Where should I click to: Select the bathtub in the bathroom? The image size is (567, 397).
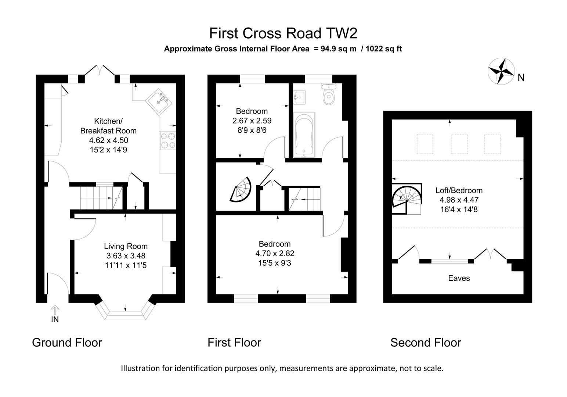click(x=304, y=135)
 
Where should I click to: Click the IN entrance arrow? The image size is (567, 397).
click(x=55, y=314)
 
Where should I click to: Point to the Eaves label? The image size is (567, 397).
click(x=459, y=278)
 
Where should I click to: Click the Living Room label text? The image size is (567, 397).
click(x=126, y=246)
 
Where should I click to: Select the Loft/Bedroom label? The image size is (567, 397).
click(x=459, y=190)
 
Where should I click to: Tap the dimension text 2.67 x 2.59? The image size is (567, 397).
click(x=252, y=121)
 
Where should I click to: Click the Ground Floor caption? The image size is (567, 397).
click(x=67, y=343)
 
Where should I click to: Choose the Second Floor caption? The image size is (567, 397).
click(x=425, y=343)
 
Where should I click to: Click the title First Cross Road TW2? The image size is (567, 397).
click(x=283, y=33)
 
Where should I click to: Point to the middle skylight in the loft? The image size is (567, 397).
click(x=459, y=144)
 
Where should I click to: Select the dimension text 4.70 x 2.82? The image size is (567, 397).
click(x=275, y=253)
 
